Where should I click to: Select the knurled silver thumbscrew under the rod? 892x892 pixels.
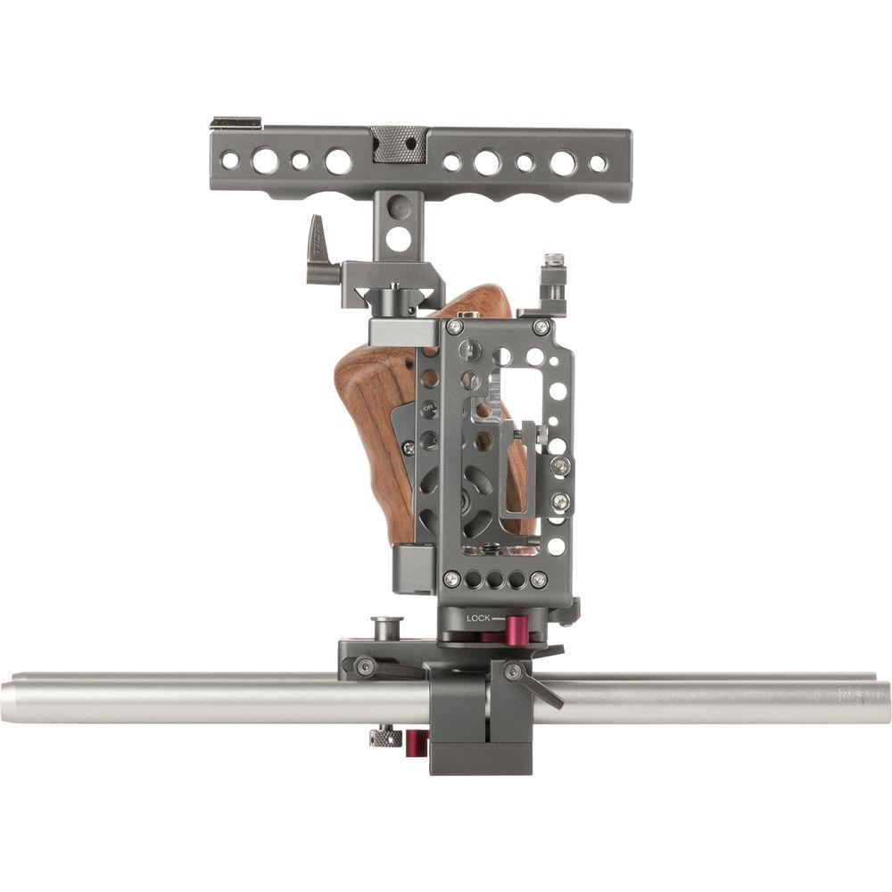click(384, 737)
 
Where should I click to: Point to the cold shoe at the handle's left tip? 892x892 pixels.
click(235, 122)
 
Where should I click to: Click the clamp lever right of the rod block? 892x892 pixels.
click(539, 685)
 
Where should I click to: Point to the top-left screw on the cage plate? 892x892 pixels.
click(454, 326)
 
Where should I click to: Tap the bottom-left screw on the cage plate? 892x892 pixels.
click(453, 579)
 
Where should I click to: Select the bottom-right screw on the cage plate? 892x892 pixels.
click(538, 579)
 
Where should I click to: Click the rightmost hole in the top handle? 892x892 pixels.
click(598, 163)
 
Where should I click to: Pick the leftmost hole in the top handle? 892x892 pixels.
click(230, 161)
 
